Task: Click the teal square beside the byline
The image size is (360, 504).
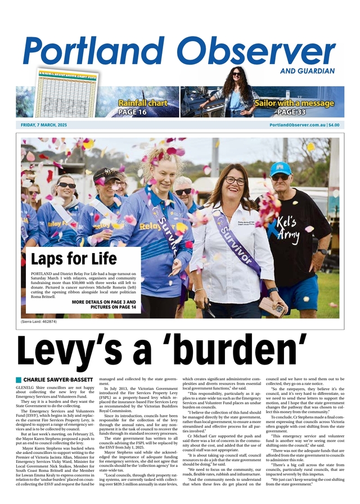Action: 19,380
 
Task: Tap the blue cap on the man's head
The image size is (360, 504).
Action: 281,168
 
